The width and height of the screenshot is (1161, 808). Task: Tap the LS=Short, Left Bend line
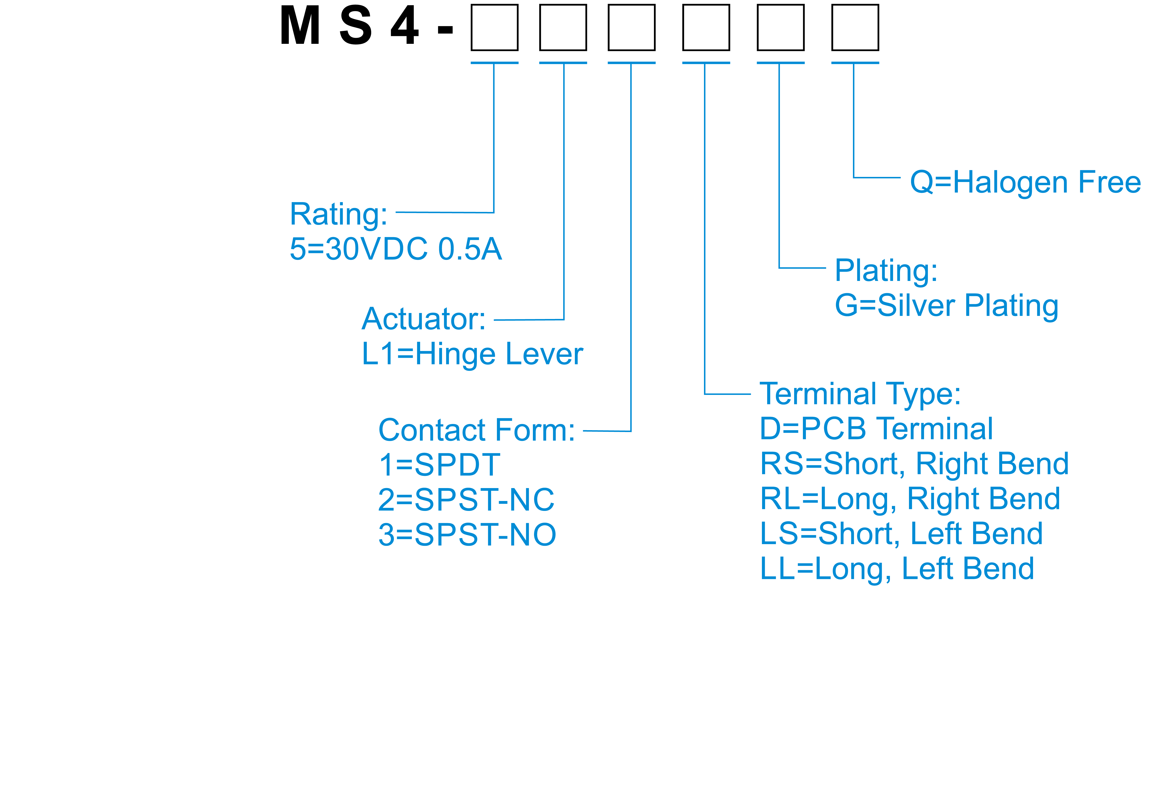901,534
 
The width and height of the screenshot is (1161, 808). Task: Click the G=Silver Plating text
946,306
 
